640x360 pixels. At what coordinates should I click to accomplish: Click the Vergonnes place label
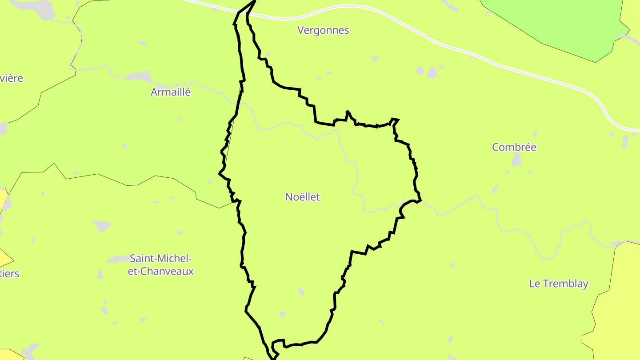(x=323, y=30)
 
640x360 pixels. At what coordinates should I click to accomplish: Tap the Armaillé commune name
(x=171, y=92)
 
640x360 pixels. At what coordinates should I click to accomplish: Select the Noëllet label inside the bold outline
(x=302, y=197)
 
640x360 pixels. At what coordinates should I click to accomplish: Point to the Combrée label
(x=514, y=147)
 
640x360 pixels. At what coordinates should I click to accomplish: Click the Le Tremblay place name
(x=559, y=284)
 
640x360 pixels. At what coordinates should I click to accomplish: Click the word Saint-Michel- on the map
(x=160, y=258)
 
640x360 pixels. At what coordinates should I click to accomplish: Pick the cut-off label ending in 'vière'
(x=12, y=78)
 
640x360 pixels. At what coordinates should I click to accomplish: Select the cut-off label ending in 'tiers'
(x=10, y=273)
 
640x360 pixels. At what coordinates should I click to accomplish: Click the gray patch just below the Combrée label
(x=516, y=159)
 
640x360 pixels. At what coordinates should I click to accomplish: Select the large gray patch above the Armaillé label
(x=143, y=76)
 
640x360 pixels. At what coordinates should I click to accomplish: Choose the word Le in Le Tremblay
(x=535, y=284)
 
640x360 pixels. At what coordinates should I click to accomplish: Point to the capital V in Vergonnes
(x=301, y=30)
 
